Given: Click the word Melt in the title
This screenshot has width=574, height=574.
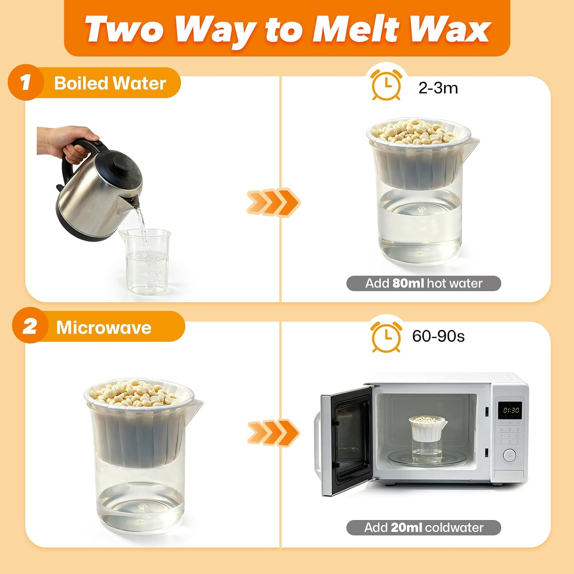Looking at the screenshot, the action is click(x=356, y=29).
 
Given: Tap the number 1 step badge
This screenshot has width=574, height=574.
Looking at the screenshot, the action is click(x=26, y=83).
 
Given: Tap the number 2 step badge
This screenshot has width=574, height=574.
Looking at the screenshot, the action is click(x=30, y=326).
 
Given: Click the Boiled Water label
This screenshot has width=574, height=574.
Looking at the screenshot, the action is click(x=110, y=83).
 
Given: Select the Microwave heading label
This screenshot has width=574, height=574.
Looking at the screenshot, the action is click(x=104, y=328).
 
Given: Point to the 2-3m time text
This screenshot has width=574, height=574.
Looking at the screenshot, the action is click(x=438, y=88).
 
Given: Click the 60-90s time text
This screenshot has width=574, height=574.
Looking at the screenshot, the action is click(x=438, y=336).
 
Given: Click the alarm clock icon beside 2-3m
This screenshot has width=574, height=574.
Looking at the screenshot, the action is click(x=386, y=84).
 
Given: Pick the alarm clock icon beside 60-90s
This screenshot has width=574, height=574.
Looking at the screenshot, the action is click(x=386, y=336).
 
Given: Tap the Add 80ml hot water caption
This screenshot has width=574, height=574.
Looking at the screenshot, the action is click(x=424, y=283).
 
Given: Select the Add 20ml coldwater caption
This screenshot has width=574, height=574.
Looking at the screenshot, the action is click(x=424, y=527).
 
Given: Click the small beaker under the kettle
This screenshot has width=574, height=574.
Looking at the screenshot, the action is click(x=146, y=262).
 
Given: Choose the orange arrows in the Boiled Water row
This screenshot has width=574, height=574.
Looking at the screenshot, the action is click(x=273, y=202).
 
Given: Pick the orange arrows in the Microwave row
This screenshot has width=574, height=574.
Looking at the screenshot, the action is click(x=273, y=432).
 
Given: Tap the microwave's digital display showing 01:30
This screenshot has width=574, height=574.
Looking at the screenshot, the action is click(x=511, y=410).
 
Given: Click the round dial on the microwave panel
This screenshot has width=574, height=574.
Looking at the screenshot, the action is click(x=509, y=455).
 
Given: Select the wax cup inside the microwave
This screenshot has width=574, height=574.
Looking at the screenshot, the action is click(x=427, y=439).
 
